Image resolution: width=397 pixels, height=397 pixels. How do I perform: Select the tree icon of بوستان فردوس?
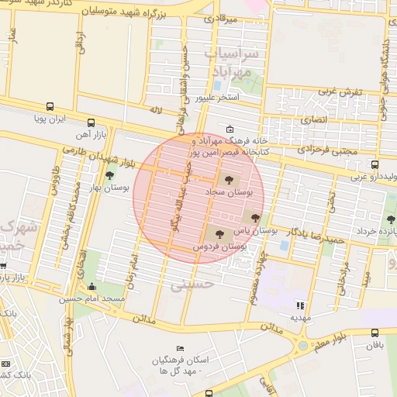coord(219,233)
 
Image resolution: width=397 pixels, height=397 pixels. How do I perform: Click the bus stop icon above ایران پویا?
coord(50,107)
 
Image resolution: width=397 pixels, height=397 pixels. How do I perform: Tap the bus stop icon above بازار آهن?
coord(91,123)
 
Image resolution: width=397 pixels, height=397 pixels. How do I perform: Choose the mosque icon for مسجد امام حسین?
coord(93,287)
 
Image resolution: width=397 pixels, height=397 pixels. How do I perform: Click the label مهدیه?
coord(300,318)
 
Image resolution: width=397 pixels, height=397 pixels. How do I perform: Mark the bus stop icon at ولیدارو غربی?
coord(375,164)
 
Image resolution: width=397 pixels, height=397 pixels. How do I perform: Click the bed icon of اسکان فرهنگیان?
coord(181,348)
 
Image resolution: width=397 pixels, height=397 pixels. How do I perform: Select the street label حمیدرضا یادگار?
coord(315,233)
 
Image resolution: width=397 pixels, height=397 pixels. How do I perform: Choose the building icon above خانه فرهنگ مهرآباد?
coord(230,129)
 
